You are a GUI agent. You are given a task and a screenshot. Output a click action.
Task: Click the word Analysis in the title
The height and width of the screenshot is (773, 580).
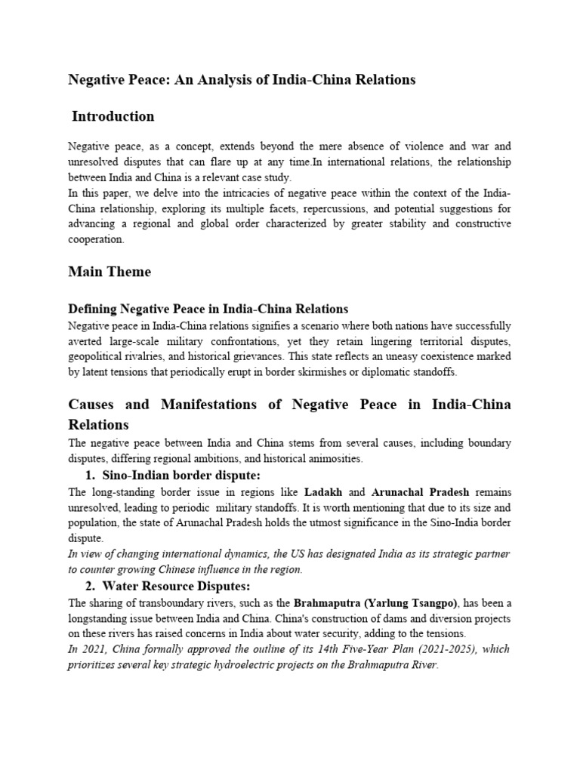[223, 79]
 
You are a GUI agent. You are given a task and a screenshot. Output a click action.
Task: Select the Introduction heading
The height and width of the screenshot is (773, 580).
[113, 116]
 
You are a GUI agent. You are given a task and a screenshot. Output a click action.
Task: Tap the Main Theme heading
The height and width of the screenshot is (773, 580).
[110, 272]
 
